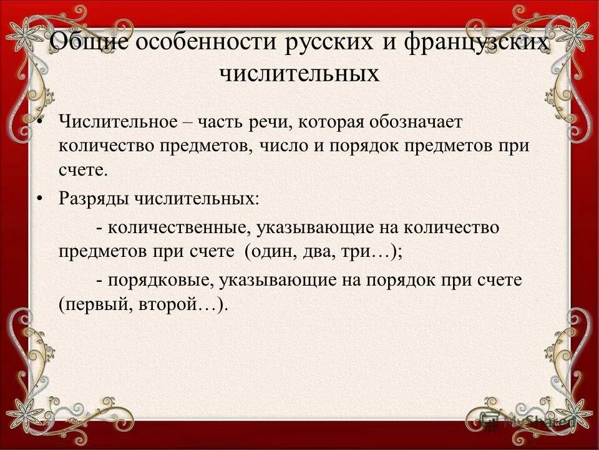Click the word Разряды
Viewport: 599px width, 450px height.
pos(94,198)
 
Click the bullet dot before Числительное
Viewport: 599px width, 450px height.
pos(39,121)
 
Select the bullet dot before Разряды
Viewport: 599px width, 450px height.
pos(39,198)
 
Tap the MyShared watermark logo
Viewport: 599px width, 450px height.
pos(524,420)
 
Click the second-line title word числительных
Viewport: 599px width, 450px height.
pos(299,74)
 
